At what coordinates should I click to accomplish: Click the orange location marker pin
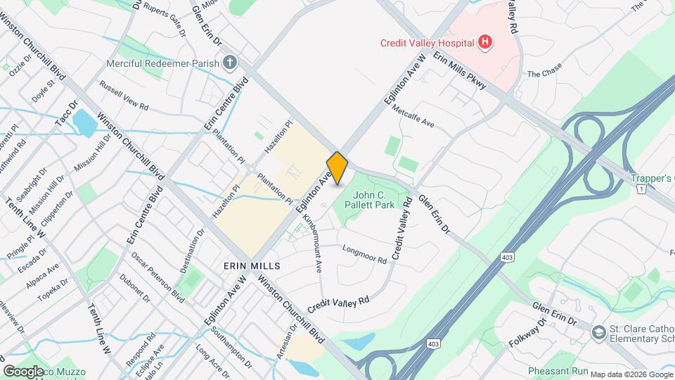pos(337,167)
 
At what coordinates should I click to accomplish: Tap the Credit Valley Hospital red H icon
pos(484,43)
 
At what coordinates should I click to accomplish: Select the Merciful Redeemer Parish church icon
pos(229,63)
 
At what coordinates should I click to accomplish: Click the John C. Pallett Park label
pos(373,200)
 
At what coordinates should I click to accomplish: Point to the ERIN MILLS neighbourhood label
pos(252,266)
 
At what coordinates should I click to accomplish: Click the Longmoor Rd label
pos(364,255)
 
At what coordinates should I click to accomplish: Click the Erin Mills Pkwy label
pos(460,71)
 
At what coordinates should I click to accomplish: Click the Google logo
pos(23,371)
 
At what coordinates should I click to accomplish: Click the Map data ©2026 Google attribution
pos(630,374)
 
